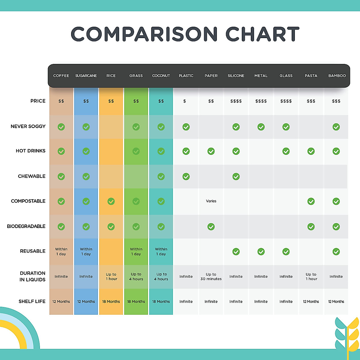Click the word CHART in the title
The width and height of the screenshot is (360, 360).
coord(262,34)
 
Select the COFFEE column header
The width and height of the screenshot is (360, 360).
coord(61,76)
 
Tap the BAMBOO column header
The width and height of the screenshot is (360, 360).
coord(337,76)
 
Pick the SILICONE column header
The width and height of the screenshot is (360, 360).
coord(236,76)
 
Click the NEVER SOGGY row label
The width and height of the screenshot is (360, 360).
coord(28,126)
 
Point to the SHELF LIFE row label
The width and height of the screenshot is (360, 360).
coord(32,301)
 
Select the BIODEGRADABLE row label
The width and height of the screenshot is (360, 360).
coord(26,226)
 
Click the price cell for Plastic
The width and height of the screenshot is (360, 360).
coord(184,101)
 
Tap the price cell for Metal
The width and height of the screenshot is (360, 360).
coord(261,101)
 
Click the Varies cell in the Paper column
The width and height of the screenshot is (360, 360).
coord(211,201)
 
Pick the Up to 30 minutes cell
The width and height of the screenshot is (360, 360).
coord(211,277)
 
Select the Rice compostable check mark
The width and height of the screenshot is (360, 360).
coord(111,201)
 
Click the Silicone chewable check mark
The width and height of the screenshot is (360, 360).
coord(236,176)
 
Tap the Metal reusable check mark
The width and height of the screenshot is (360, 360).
coord(261,251)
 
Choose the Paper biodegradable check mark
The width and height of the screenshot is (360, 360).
coord(211,226)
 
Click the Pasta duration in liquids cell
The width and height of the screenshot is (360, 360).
coord(311,277)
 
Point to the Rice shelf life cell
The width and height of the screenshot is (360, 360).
coord(111,301)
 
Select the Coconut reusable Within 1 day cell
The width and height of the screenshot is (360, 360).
coord(161,251)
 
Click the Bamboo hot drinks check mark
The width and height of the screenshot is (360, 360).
coord(336,151)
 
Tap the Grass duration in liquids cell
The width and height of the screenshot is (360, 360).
coord(136,277)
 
